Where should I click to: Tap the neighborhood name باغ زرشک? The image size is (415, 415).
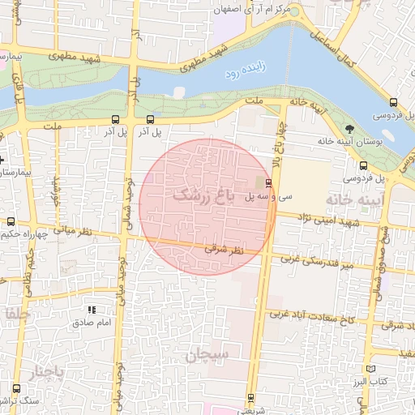coord(203,195)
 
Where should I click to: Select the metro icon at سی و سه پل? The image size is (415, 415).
coord(268,184)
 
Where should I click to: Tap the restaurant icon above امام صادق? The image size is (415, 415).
coord(92,310)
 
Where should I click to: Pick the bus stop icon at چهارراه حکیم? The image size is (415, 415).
coord(11,221)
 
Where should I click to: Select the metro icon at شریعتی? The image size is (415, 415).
coord(250,397)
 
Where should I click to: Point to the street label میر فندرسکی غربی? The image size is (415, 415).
coord(318,261)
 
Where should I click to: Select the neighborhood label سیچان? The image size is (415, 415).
coord(207,354)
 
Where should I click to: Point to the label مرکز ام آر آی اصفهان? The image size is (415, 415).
coord(251,11)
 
